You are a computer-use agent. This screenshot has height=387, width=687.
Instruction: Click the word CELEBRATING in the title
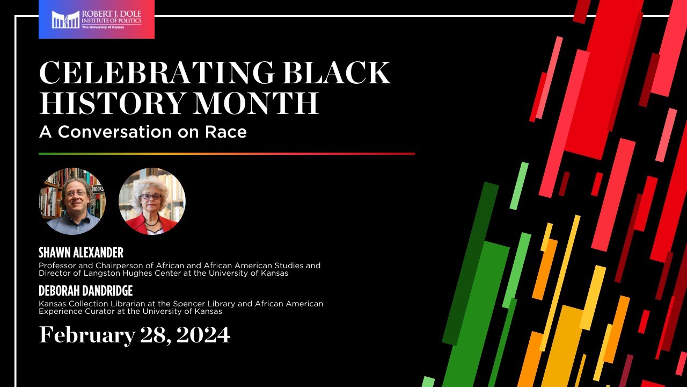point(156,73)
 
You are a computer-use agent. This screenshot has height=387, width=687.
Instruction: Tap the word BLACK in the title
point(337,73)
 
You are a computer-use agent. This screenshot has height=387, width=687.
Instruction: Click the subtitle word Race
point(226,132)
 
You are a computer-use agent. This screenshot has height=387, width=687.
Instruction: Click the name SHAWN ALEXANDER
point(81,253)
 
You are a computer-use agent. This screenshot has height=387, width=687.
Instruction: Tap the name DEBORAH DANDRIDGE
point(85,291)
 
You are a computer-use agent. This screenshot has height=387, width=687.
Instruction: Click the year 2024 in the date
point(203,335)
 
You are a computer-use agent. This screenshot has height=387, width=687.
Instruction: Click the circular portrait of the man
point(72,201)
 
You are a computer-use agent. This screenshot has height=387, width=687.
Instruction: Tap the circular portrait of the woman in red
point(152,201)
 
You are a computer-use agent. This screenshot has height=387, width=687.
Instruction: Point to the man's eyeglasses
point(76,193)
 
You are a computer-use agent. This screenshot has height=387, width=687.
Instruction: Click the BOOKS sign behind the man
point(98,189)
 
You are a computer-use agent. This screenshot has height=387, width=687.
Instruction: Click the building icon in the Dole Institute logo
point(65,20)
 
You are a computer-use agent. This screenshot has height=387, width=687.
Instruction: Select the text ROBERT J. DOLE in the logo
point(112,14)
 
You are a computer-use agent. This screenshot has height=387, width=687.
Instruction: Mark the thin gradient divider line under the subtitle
point(227,154)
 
